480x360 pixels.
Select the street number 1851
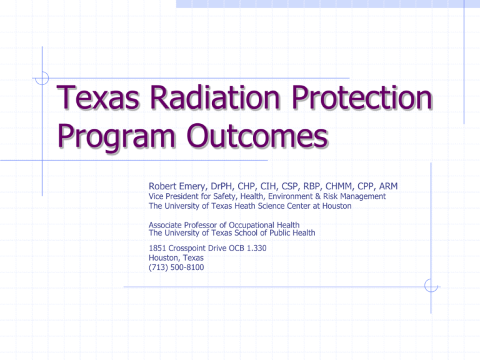[x=157, y=247]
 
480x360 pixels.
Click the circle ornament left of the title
[x=42, y=78]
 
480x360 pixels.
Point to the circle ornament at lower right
[x=431, y=286]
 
